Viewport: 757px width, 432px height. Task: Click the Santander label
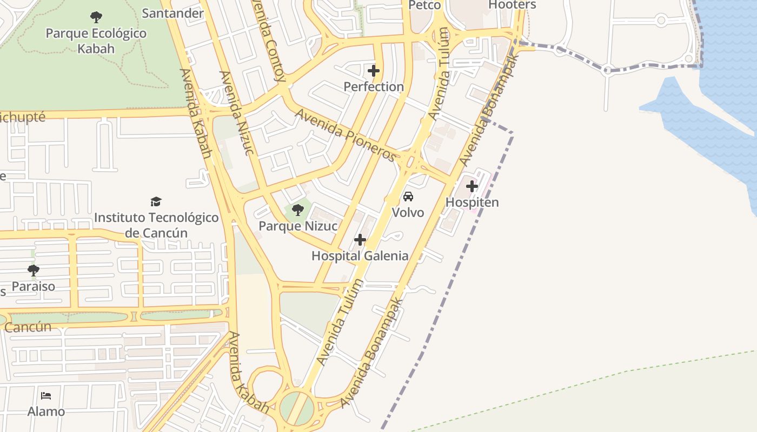click(172, 13)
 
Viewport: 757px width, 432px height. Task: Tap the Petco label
click(424, 5)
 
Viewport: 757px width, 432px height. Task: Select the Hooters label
click(512, 5)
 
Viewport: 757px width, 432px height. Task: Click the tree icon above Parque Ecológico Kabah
click(96, 17)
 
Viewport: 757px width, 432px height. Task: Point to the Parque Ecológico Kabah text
click(96, 41)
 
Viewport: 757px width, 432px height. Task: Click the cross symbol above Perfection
click(374, 71)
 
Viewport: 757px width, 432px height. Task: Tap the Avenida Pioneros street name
click(346, 136)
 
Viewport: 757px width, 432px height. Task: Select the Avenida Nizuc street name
click(236, 113)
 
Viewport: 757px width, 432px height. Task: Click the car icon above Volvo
click(408, 196)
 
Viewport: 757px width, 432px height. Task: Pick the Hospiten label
click(472, 202)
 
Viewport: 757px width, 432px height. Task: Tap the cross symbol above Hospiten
click(472, 187)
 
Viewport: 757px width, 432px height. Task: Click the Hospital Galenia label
click(360, 256)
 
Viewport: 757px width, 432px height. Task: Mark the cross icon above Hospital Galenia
click(360, 240)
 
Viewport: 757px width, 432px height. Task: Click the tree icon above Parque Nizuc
click(298, 210)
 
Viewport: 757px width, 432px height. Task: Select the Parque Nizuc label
click(298, 226)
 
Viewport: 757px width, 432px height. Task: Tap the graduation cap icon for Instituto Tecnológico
click(156, 201)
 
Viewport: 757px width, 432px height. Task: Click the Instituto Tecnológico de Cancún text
click(156, 225)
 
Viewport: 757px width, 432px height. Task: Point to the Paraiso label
click(34, 286)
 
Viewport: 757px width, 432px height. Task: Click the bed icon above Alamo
click(46, 396)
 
